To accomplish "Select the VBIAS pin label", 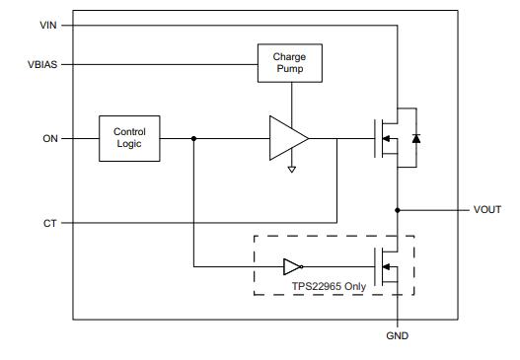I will click(x=40, y=66).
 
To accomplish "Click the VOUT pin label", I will click(x=486, y=209).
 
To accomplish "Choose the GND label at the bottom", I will click(x=397, y=336).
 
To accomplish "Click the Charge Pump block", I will click(x=289, y=64).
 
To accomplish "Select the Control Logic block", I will click(x=129, y=138).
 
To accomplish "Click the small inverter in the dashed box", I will click(x=292, y=266).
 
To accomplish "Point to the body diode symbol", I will click(x=415, y=139).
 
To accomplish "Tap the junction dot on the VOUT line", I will click(x=398, y=209).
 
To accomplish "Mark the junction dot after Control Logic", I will click(x=193, y=138).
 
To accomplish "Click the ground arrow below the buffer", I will click(x=290, y=170).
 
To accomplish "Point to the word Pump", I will click(x=289, y=71).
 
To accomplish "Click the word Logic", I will click(x=129, y=145).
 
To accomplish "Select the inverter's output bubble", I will click(x=303, y=266).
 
